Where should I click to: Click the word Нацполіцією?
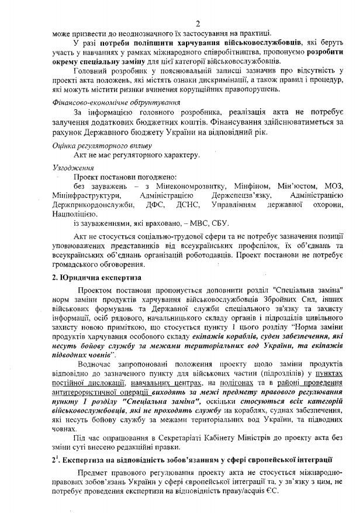(74, 214)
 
